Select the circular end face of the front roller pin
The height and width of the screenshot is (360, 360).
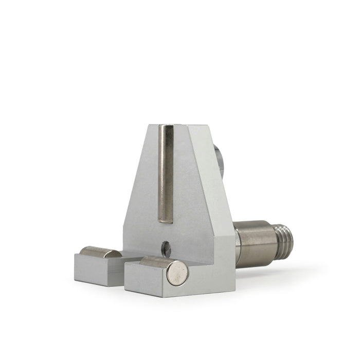pos(178,273)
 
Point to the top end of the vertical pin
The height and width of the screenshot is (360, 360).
pos(166,128)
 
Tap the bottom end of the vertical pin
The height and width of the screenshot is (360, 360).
pos(165,220)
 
